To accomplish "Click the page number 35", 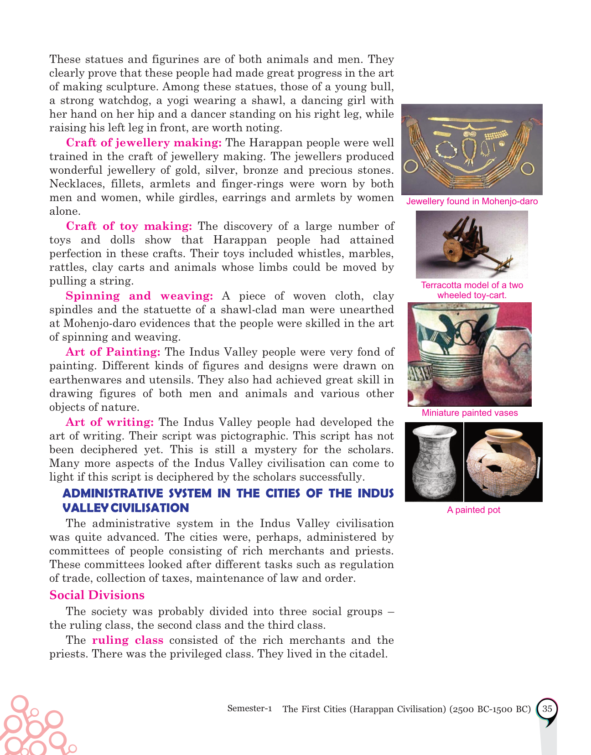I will [x=547, y=709].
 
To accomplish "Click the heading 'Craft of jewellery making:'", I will [x=144, y=143].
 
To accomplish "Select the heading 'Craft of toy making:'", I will [x=129, y=226].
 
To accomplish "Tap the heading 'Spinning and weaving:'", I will [x=139, y=296].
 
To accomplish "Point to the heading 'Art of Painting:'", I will [x=113, y=352].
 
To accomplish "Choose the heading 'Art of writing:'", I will [x=109, y=422].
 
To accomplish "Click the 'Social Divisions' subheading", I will [x=97, y=595].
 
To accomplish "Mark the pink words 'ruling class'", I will [x=128, y=640].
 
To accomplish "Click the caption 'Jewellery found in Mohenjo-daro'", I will [x=472, y=202].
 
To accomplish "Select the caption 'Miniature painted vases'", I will [x=470, y=413].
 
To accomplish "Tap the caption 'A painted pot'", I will [x=473, y=510].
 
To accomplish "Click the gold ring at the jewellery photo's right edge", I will [x=528, y=169].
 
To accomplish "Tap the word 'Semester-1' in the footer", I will [x=249, y=708].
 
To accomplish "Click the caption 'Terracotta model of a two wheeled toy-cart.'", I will [x=472, y=290].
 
